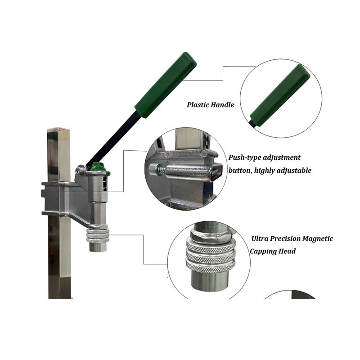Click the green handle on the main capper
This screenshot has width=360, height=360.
coord(166,85)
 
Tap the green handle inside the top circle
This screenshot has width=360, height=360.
coord(280,95)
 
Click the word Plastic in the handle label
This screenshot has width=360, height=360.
coord(198,105)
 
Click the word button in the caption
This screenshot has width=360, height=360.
coord(240,171)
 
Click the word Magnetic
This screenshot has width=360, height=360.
coord(317,238)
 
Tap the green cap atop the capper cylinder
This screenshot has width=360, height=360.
coord(98,168)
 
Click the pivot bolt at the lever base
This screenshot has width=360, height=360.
coord(81,170)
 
